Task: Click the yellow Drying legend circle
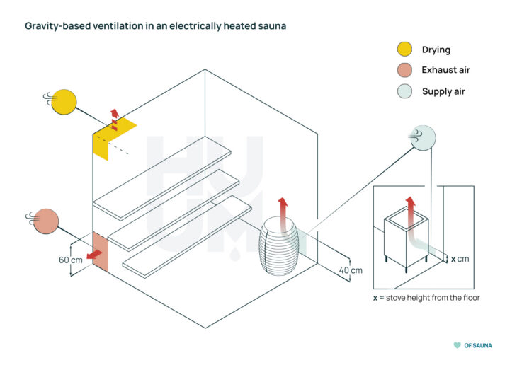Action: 404,50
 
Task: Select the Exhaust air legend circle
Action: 404,70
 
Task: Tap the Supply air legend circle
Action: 404,91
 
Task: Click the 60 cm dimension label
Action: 71,260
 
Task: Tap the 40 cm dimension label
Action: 351,270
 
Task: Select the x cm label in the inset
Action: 460,259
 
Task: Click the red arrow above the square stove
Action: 409,209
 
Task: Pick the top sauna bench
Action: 162,176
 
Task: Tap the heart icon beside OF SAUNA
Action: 457,345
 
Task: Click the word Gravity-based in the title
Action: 56,27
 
